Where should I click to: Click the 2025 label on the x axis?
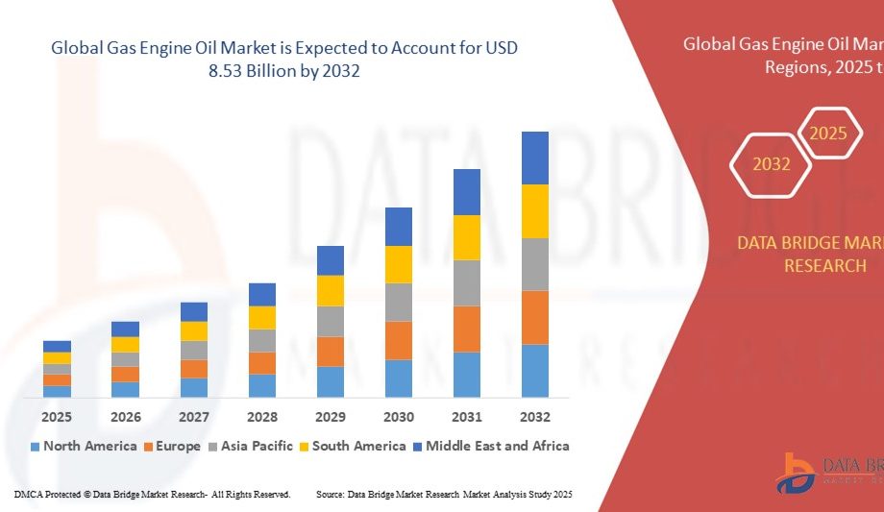pos(57,417)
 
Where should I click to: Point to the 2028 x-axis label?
pos(262,417)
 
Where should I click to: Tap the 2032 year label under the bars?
pos(535,417)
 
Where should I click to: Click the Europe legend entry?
pos(173,446)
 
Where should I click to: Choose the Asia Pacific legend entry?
pos(253,446)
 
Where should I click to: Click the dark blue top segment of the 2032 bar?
pos(535,158)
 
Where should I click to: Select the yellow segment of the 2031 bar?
pos(467,237)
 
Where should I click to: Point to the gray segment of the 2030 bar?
pos(399,302)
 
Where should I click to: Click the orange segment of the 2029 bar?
pos(331,352)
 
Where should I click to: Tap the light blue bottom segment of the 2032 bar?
pos(535,371)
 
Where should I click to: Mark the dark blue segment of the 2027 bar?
pos(194,311)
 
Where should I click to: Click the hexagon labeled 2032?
pos(772,164)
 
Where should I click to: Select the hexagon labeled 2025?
pos(827,134)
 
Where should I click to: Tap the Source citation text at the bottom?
pos(444,494)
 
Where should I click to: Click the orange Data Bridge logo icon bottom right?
pos(797,472)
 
